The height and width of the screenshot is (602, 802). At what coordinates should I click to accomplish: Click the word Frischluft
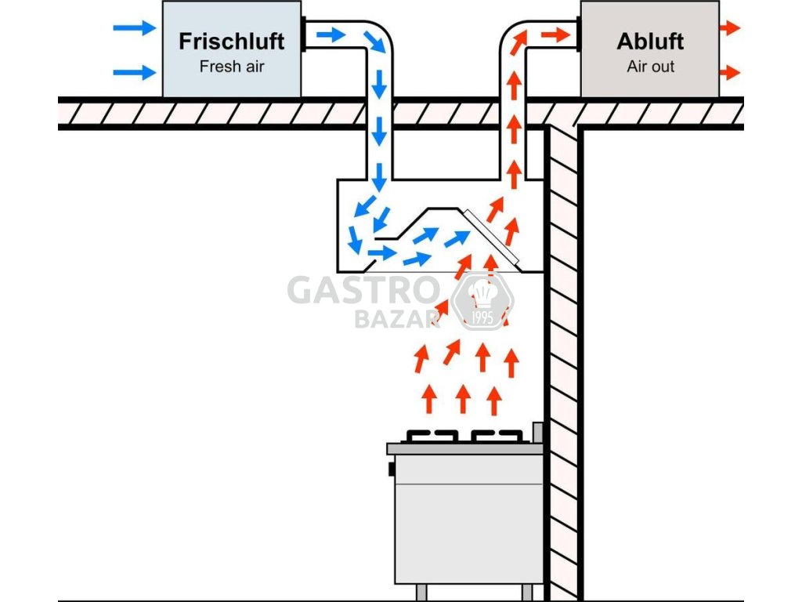232,42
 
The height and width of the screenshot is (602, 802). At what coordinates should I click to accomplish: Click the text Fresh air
232,67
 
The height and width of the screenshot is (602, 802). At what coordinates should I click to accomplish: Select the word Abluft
650,42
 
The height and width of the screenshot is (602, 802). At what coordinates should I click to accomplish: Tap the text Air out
651,67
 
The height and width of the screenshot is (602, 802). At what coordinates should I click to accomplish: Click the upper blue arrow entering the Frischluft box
135,27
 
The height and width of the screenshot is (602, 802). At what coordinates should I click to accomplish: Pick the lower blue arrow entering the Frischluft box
135,72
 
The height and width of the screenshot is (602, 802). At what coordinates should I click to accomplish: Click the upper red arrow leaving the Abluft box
730,27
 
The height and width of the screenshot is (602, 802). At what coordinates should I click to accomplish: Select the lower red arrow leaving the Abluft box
730,72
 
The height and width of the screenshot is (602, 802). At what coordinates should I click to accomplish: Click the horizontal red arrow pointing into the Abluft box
555,34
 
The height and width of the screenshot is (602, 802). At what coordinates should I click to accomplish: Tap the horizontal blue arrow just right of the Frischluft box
331,34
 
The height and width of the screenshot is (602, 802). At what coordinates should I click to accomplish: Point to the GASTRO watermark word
363,290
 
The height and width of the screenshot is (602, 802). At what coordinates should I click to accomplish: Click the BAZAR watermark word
397,319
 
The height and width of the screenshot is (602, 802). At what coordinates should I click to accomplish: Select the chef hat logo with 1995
482,302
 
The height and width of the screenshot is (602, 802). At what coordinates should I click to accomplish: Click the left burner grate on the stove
432,436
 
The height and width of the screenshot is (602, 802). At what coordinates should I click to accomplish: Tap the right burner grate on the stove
497,436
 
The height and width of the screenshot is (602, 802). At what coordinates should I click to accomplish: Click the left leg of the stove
421,593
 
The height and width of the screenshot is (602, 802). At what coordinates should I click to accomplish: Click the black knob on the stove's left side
392,469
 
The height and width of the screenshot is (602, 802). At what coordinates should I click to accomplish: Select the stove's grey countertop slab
464,449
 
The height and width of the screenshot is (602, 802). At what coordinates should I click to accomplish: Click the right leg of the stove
527,593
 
